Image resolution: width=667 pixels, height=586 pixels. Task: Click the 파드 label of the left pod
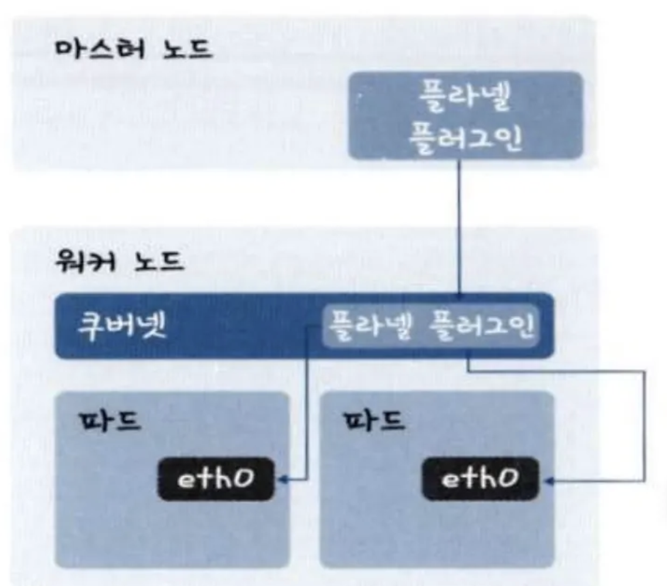[109, 420]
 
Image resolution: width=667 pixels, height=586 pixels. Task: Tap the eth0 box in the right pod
[480, 479]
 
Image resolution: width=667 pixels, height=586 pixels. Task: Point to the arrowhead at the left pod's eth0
[282, 480]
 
